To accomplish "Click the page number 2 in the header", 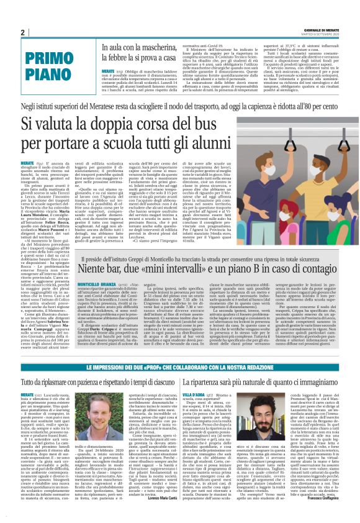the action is click(23, 32).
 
